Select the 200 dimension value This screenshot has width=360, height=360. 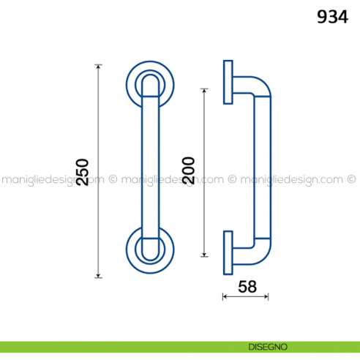[188, 172]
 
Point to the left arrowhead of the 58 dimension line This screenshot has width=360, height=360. [225, 296]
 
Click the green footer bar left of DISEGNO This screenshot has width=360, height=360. [110, 345]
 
